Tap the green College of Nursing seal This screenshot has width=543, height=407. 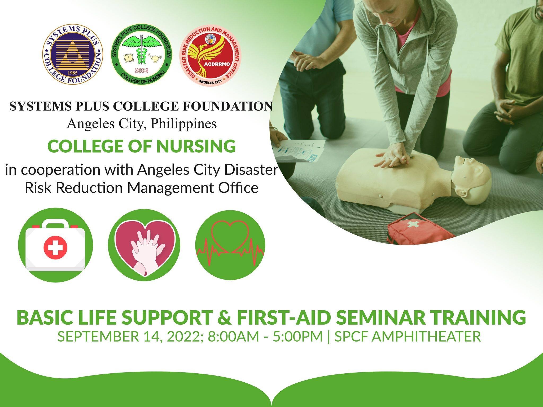click(x=141, y=56)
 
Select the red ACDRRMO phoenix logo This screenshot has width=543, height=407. click(x=211, y=56)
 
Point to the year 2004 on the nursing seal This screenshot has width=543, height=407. click(x=141, y=70)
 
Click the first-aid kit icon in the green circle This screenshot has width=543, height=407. click(x=55, y=245)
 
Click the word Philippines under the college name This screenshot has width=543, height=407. click(x=183, y=124)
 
